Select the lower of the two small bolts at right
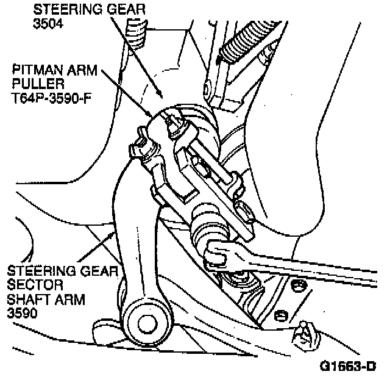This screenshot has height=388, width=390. coord(280,315)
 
